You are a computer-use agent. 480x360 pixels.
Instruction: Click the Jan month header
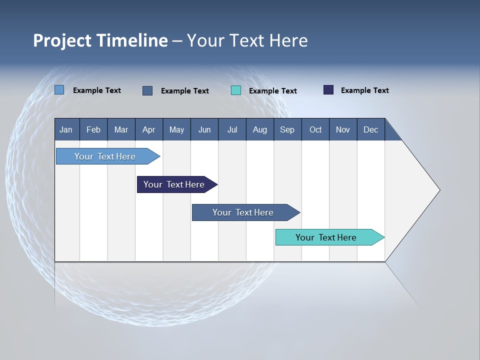pos(66,129)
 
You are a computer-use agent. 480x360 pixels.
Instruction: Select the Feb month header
pos(93,129)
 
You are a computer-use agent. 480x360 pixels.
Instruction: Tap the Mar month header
pos(121,129)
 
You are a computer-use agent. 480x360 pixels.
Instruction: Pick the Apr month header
pos(149,129)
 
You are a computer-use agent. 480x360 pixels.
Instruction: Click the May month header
pos(176,129)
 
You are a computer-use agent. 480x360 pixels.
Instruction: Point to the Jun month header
pos(204,129)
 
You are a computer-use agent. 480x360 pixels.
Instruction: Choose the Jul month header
pos(232,129)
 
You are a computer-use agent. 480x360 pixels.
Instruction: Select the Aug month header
pos(260,129)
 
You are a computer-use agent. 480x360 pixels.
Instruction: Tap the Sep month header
pos(287,129)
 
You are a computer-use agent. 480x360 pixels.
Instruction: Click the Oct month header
pos(315,129)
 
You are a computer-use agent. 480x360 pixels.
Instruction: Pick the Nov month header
pos(343,129)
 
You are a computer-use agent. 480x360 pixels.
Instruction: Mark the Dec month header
pos(371,129)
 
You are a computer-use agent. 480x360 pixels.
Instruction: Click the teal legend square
pos(236,90)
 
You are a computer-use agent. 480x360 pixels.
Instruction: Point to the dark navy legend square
pos(328,90)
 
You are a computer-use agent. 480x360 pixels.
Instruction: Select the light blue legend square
pos(59,90)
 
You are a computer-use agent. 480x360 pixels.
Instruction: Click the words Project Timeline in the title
pos(100,40)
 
